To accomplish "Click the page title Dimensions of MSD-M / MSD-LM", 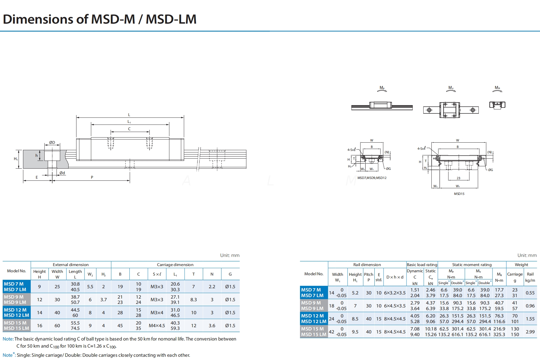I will pyautogui.click(x=99, y=19).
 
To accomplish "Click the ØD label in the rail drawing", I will pyautogui.click(x=52, y=142).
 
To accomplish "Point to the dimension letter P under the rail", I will pyautogui.click(x=92, y=177).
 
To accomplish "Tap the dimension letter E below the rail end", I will pyautogui.click(x=37, y=177).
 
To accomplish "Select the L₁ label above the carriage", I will pyautogui.click(x=129, y=122).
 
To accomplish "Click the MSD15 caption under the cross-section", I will pyautogui.click(x=459, y=194).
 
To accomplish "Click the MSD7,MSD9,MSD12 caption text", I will pyautogui.click(x=372, y=178).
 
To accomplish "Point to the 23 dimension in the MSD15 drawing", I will pyautogui.click(x=458, y=178).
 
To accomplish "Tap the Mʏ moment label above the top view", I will pyautogui.click(x=451, y=88).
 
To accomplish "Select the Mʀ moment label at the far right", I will pyautogui.click(x=497, y=88).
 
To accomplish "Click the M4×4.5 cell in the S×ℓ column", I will pyautogui.click(x=157, y=325).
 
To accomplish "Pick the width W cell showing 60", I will pyautogui.click(x=57, y=325).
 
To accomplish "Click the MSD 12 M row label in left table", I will pyautogui.click(x=15, y=310).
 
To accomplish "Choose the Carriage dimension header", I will pyautogui.click(x=175, y=265).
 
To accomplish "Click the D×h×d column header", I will pyautogui.click(x=394, y=277).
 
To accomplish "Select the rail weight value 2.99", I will pyautogui.click(x=530, y=332).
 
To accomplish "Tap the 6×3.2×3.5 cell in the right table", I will pyautogui.click(x=394, y=293).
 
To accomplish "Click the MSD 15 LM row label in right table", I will pyautogui.click(x=314, y=334).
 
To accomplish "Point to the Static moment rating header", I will pyautogui.click(x=472, y=265).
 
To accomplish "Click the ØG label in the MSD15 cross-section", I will pyautogui.click(x=490, y=170).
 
